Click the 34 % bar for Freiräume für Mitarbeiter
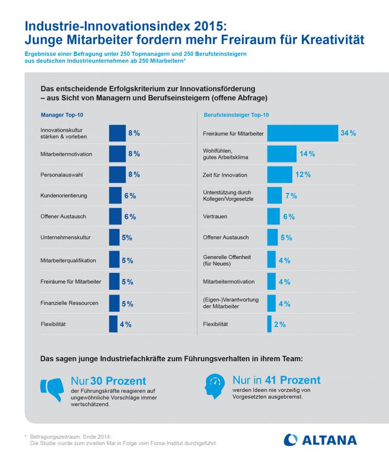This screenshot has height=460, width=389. tap(302, 133)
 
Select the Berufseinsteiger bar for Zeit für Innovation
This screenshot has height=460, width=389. tap(279, 175)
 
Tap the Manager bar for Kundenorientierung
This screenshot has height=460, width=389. tap(115, 195)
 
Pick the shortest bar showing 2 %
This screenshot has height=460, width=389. tap(269, 324)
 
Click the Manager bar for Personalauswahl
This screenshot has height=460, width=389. tap(117, 175)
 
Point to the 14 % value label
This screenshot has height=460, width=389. tap(307, 154)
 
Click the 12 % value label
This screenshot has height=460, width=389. tap(303, 175)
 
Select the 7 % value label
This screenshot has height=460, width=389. tap(291, 196)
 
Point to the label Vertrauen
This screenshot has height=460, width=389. tap(215, 217)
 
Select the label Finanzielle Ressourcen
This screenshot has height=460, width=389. tap(70, 303)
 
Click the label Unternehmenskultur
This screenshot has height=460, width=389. tap(66, 238)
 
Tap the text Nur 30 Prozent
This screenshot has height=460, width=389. tap(108, 381)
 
